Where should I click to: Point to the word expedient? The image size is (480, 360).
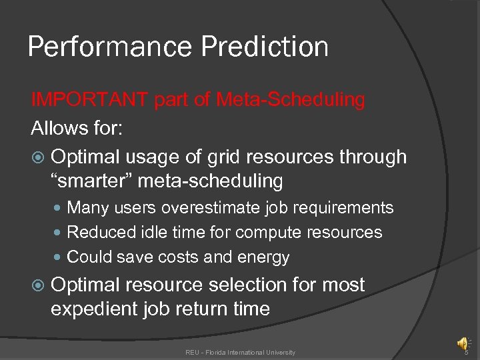[x=95, y=309]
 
